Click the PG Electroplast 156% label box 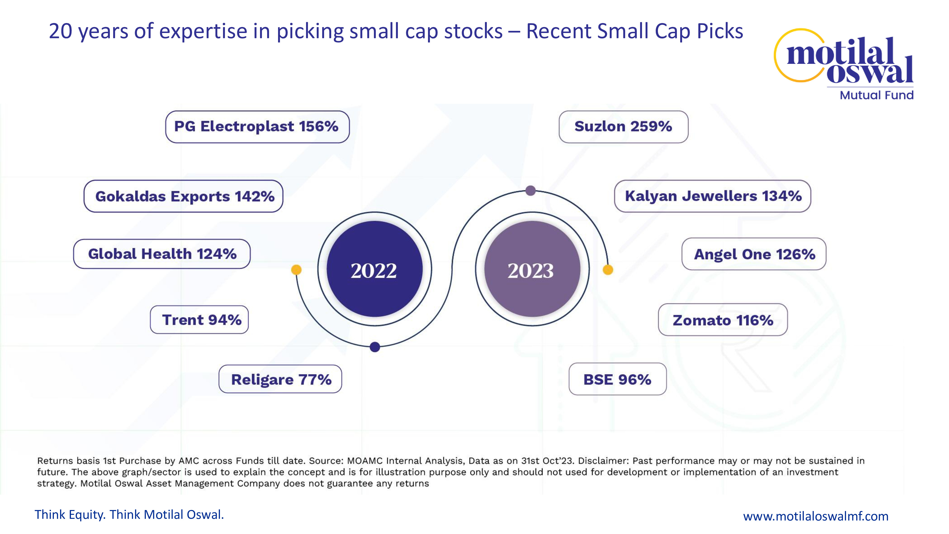(257, 127)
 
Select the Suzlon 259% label (623, 127)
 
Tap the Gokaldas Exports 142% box (183, 196)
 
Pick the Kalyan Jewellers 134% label (712, 196)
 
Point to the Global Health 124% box (162, 254)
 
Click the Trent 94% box (199, 319)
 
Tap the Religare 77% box (280, 379)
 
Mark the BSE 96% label (617, 379)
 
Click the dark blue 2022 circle (374, 269)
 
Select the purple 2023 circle (532, 269)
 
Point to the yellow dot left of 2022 (296, 270)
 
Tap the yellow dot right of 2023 (608, 270)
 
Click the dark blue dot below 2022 (375, 347)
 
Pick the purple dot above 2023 (530, 191)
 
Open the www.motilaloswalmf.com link (816, 516)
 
